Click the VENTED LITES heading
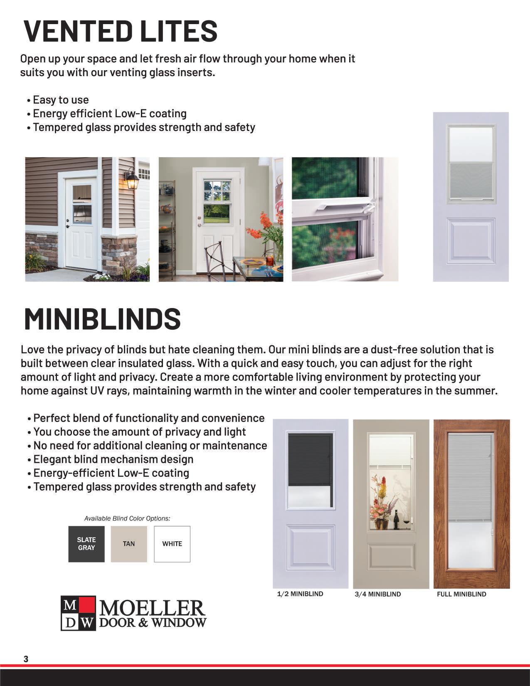pos(121,31)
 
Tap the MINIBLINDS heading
pos(102,319)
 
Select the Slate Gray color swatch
pos(86,544)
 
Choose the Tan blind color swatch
pos(129,544)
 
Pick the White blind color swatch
pos(172,544)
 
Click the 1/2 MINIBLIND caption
pos(300,594)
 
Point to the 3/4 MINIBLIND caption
pos(377,595)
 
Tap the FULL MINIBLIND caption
pos(461,595)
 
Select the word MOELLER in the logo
pos(152,609)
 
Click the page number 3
pos(26,659)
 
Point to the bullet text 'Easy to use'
pos(61,100)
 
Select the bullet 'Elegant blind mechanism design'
pos(113,459)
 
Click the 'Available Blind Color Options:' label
pos(127,518)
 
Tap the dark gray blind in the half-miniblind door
pos(310,459)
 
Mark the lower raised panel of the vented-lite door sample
pos(471,241)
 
